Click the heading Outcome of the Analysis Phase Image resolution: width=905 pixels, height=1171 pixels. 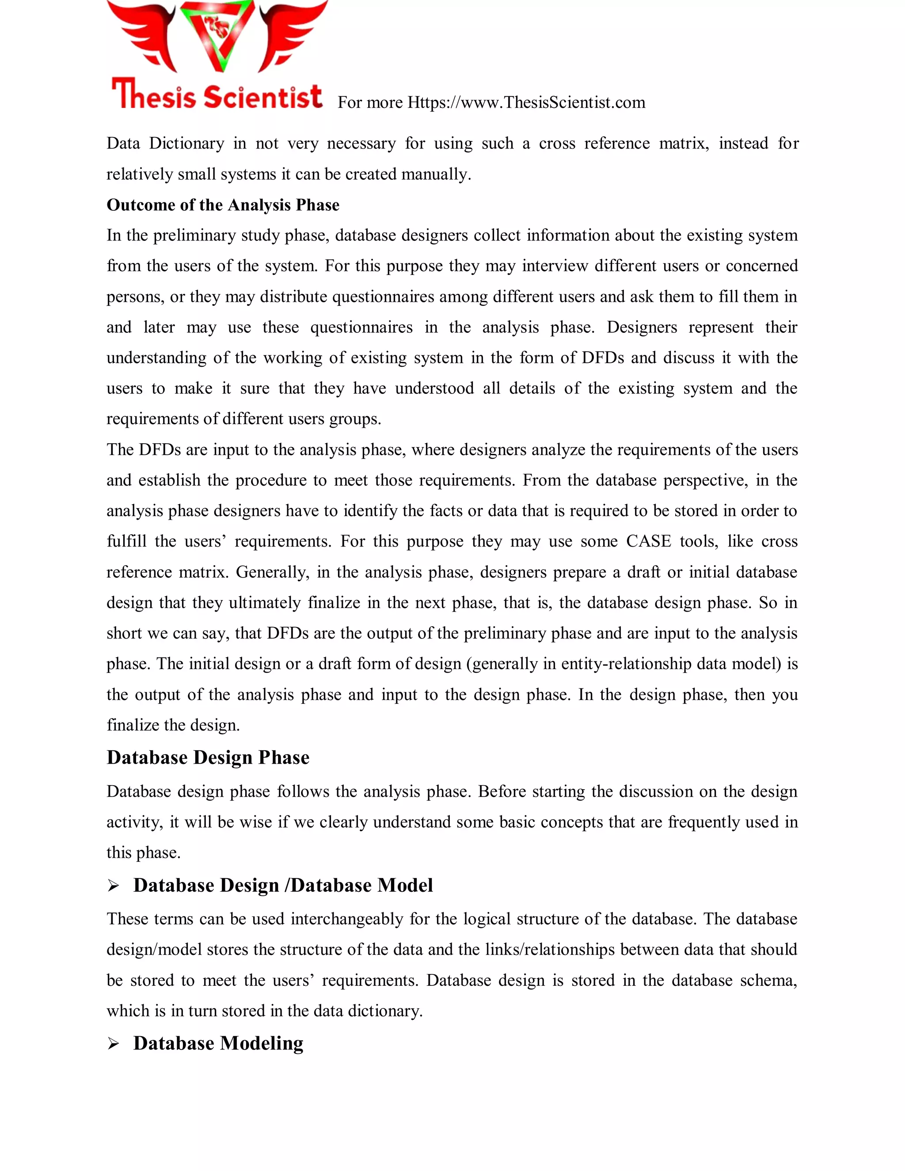point(223,205)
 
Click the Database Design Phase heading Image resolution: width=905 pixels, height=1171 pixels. point(208,757)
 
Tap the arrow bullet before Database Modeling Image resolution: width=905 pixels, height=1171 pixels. point(113,1043)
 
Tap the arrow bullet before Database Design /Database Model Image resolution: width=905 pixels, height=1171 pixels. point(113,886)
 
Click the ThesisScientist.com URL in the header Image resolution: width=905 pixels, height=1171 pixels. point(526,103)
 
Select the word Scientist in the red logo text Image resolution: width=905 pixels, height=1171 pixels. point(263,97)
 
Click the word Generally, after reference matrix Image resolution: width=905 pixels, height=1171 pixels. point(272,572)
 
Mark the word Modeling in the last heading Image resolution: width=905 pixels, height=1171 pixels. point(261,1043)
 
